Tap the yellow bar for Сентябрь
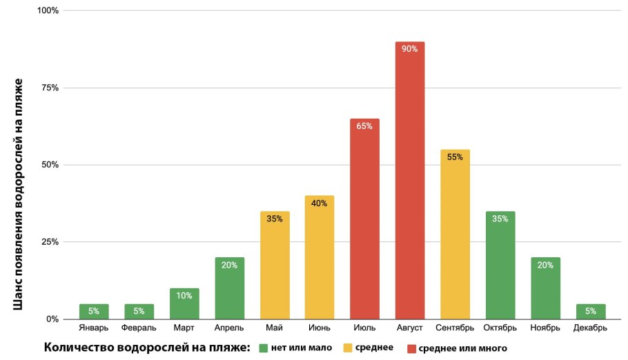[x=455, y=234]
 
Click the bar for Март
[x=184, y=303]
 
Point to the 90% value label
[x=410, y=49]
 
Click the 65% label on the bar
[x=364, y=126]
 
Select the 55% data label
[x=455, y=157]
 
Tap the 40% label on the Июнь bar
[x=320, y=203]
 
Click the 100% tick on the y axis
[x=48, y=11]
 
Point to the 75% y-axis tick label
[x=50, y=88]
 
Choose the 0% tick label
[x=52, y=319]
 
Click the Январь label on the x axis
[x=94, y=328]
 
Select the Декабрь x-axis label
[x=590, y=328]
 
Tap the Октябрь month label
[x=500, y=328]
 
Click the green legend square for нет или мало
[x=264, y=348]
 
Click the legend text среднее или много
[x=463, y=348]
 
